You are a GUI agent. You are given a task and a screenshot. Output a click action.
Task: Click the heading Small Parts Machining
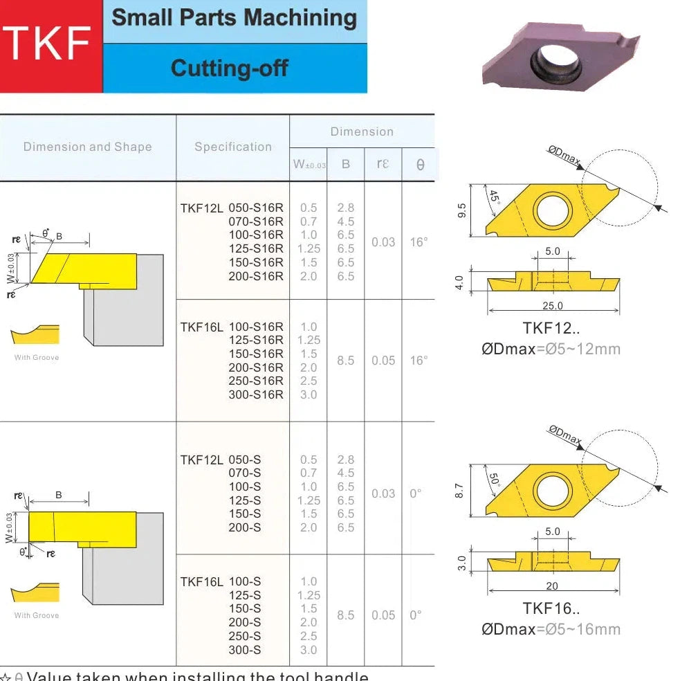pos(234,18)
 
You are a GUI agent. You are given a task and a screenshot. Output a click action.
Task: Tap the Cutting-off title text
pos(229,68)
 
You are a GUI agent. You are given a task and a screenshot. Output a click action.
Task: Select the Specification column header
pos(232,147)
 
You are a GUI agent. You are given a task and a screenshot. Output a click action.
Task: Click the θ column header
pos(420,165)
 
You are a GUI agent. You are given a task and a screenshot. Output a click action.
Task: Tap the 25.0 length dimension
pos(552,305)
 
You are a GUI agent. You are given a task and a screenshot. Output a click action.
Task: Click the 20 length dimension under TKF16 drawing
pos(551,586)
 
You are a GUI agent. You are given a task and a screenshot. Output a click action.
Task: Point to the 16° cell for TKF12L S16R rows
pos(419,242)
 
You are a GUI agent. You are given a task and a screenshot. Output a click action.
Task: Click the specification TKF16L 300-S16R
pos(255,394)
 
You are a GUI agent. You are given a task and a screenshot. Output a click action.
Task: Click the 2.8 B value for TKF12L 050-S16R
pos(345,208)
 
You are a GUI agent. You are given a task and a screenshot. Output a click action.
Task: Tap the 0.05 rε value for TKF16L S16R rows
pos(383,361)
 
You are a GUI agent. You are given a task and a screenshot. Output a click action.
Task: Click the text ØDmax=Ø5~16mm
pos(551,629)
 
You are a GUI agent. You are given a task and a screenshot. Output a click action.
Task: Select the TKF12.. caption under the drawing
pos(551,329)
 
